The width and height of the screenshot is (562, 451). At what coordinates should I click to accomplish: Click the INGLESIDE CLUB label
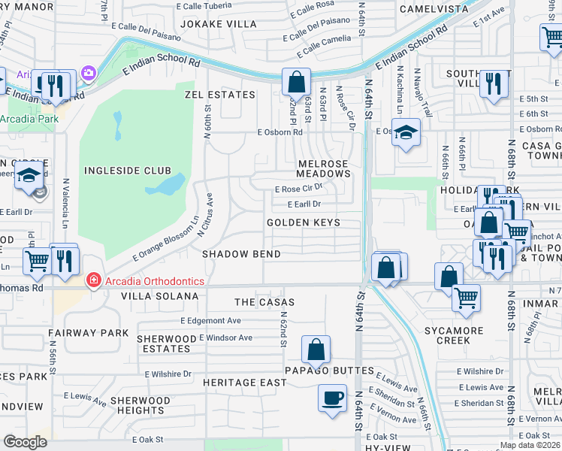[x=127, y=171]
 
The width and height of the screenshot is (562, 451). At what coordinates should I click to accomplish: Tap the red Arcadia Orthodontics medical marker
[x=93, y=281]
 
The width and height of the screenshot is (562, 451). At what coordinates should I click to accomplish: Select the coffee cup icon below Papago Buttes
[x=331, y=398]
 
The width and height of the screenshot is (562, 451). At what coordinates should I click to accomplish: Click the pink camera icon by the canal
[x=89, y=73]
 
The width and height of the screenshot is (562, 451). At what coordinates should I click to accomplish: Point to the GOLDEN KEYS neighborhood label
[x=304, y=223]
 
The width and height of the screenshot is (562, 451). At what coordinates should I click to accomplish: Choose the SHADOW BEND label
[x=241, y=255]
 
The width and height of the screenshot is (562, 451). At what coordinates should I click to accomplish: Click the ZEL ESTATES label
[x=220, y=95]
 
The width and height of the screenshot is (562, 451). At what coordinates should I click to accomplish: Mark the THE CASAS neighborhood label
[x=264, y=302]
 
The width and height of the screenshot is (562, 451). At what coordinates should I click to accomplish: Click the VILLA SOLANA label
[x=160, y=297]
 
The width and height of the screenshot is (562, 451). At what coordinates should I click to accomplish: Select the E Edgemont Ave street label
[x=210, y=320]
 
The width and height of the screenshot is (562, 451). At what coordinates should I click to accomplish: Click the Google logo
[x=25, y=441]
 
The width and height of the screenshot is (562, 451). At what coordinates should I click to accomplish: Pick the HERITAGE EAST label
[x=245, y=383]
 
